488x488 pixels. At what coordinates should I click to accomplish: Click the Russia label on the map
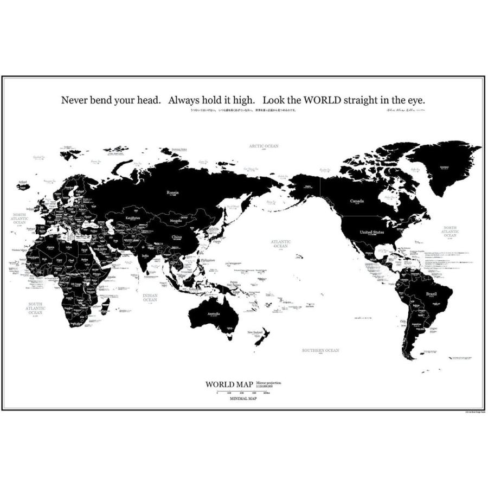click(x=172, y=191)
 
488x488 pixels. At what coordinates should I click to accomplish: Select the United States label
click(x=372, y=232)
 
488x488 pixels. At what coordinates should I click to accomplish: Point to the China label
click(x=177, y=236)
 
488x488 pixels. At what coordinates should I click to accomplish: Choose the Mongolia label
click(x=175, y=221)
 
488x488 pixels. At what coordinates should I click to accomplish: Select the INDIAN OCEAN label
click(x=150, y=298)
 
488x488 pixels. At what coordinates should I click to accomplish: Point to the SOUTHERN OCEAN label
click(x=320, y=350)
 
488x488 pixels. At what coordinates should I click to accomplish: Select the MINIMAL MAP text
click(x=243, y=399)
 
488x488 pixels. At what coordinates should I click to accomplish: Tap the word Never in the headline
click(x=74, y=100)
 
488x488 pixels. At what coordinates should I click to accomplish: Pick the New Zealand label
click(x=255, y=332)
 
